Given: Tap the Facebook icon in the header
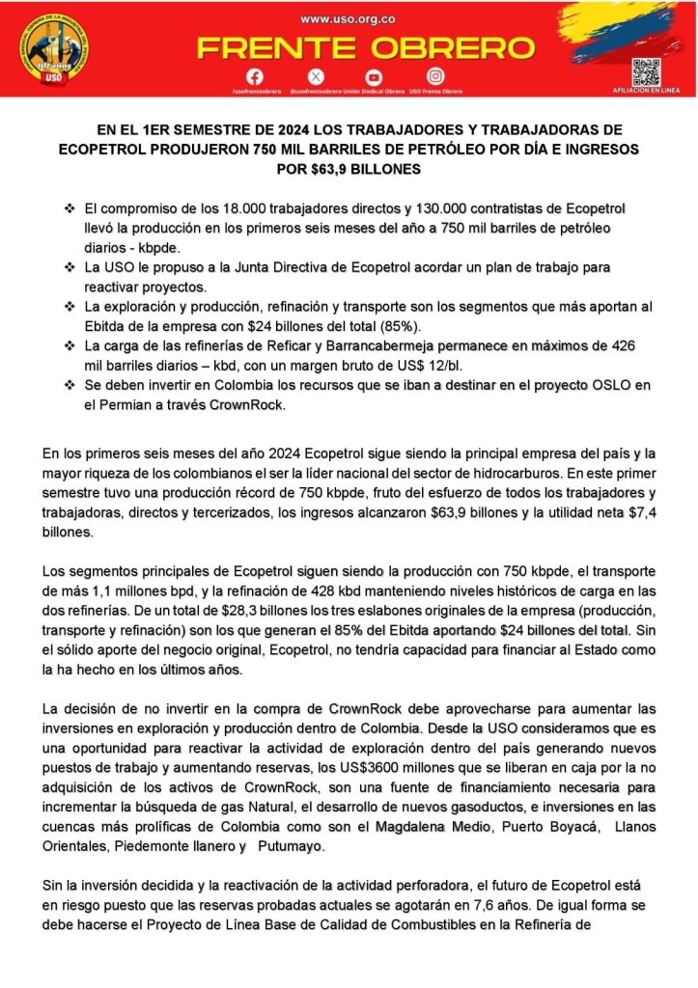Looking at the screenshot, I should point(255,76).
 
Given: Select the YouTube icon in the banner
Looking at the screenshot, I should point(374,76).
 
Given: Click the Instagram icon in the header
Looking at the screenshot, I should point(436,76).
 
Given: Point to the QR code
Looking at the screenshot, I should point(645,71).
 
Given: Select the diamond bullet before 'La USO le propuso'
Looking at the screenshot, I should point(69,265).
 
